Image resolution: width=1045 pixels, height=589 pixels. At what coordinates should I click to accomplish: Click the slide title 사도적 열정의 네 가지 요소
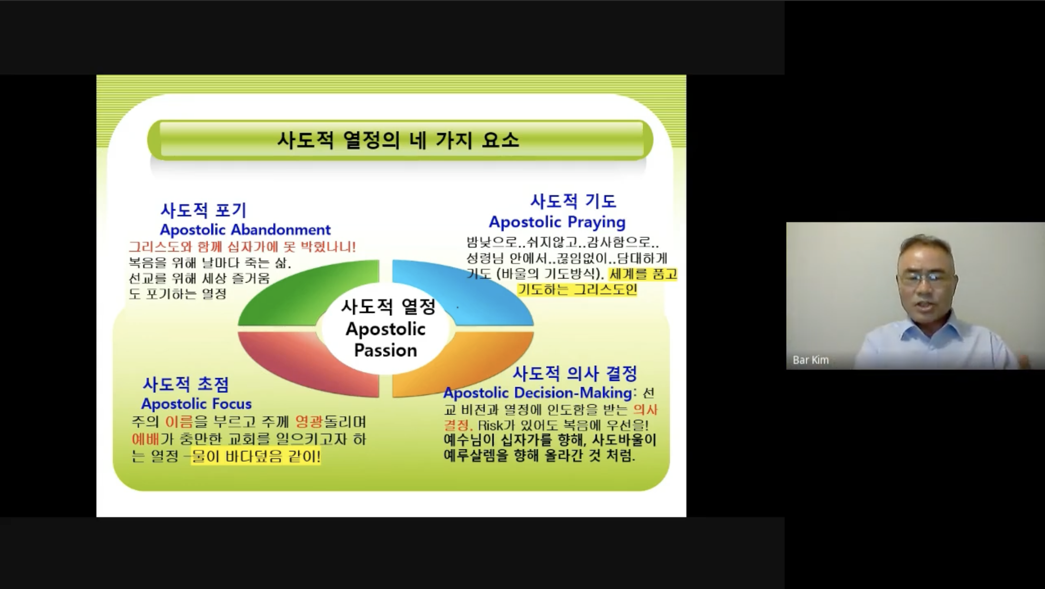pyautogui.click(x=398, y=140)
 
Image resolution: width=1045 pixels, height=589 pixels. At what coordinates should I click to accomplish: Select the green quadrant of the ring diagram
pyautogui.click(x=304, y=294)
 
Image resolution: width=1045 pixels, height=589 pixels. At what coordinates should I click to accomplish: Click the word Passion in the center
pyautogui.click(x=385, y=351)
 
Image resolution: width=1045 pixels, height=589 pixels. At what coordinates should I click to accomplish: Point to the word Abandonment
pyautogui.click(x=280, y=230)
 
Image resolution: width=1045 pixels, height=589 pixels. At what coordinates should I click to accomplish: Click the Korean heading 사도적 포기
pyautogui.click(x=203, y=210)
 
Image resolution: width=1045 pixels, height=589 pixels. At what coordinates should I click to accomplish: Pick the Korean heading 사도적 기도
pyautogui.click(x=573, y=201)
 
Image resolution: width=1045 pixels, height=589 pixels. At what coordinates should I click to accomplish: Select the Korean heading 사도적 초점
pyautogui.click(x=186, y=384)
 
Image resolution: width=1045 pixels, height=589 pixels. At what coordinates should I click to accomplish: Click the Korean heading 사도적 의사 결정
pyautogui.click(x=574, y=373)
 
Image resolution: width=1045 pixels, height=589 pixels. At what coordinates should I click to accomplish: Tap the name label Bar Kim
pyautogui.click(x=810, y=360)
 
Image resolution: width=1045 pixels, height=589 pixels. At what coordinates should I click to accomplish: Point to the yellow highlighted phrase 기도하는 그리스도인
pyautogui.click(x=577, y=289)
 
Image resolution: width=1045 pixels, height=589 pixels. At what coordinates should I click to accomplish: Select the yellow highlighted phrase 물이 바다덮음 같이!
pyautogui.click(x=256, y=456)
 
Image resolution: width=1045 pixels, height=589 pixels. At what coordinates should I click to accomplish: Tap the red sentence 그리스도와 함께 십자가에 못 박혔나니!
pyautogui.click(x=242, y=247)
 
